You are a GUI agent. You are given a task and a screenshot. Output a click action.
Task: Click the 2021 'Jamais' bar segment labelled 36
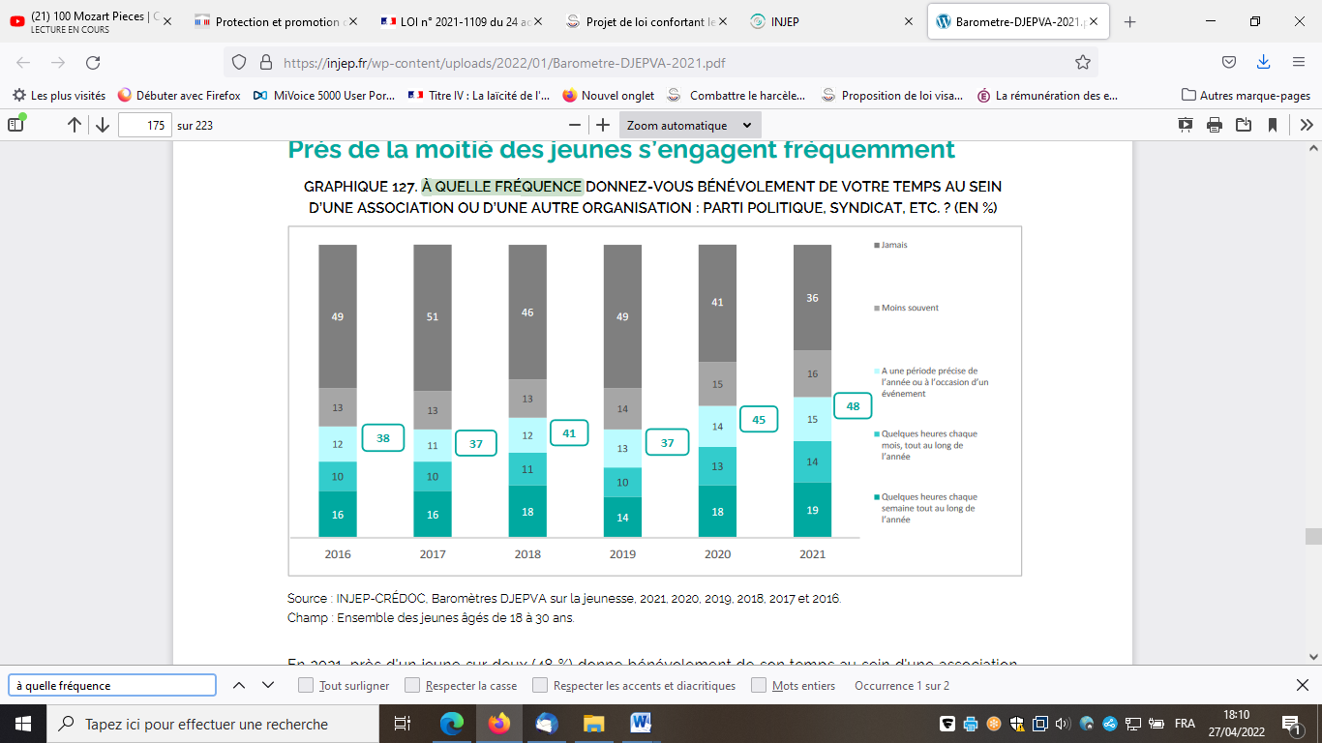point(812,298)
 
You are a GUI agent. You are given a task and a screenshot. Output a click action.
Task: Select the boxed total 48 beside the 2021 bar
point(853,406)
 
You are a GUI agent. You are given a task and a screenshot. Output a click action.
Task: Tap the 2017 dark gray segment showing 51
point(432,316)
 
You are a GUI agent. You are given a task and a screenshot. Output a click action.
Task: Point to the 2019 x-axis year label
point(622,554)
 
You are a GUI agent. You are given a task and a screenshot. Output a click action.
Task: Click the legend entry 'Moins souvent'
point(910,308)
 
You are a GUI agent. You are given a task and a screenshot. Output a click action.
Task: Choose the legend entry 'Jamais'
point(893,245)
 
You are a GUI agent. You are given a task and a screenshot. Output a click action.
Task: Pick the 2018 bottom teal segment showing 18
point(527,512)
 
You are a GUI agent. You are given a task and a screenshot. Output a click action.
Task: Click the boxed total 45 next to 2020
point(758,419)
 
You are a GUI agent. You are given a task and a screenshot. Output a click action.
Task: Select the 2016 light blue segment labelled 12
point(338,444)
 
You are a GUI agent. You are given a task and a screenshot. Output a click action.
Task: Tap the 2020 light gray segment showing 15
point(717,384)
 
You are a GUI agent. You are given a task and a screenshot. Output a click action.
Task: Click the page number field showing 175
point(144,125)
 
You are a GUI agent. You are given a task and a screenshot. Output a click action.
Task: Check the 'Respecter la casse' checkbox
point(413,686)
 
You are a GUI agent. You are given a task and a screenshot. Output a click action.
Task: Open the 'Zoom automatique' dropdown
point(689,125)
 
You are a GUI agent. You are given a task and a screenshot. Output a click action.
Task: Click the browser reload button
point(93,63)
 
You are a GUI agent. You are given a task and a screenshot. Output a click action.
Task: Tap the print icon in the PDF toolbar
point(1214,125)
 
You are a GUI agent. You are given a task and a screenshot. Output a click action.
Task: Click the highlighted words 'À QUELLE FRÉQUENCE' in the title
point(501,187)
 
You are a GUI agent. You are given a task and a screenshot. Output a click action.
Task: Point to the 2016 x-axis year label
point(338,554)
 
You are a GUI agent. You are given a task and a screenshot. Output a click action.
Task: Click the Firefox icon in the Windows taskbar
point(499,724)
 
